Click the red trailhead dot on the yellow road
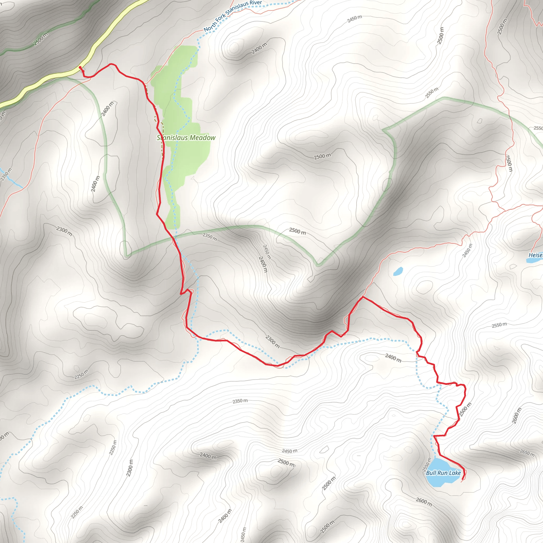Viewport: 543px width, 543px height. (80, 67)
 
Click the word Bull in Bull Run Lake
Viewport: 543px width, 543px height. (431, 473)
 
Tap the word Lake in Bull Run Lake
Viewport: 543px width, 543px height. (455, 473)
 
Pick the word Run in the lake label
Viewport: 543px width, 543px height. (443, 473)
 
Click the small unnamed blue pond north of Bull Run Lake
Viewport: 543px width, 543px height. (398, 271)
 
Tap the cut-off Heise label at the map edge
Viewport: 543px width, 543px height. (535, 255)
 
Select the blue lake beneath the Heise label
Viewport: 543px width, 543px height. (534, 261)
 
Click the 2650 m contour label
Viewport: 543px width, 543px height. (527, 453)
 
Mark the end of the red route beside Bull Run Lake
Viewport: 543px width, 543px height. (462, 479)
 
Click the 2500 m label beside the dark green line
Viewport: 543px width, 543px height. (41, 39)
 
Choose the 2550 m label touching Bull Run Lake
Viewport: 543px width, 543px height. (427, 464)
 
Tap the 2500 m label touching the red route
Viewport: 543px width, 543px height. (465, 410)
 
